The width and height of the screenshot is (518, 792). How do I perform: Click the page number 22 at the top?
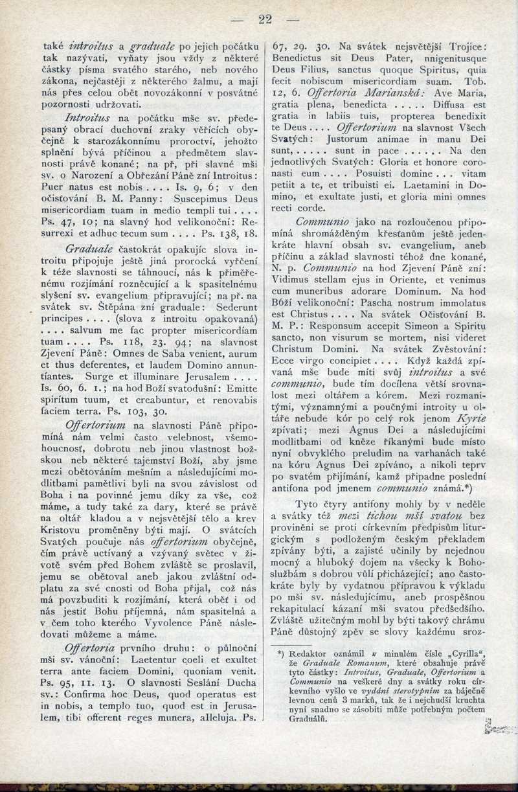coord(265,19)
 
